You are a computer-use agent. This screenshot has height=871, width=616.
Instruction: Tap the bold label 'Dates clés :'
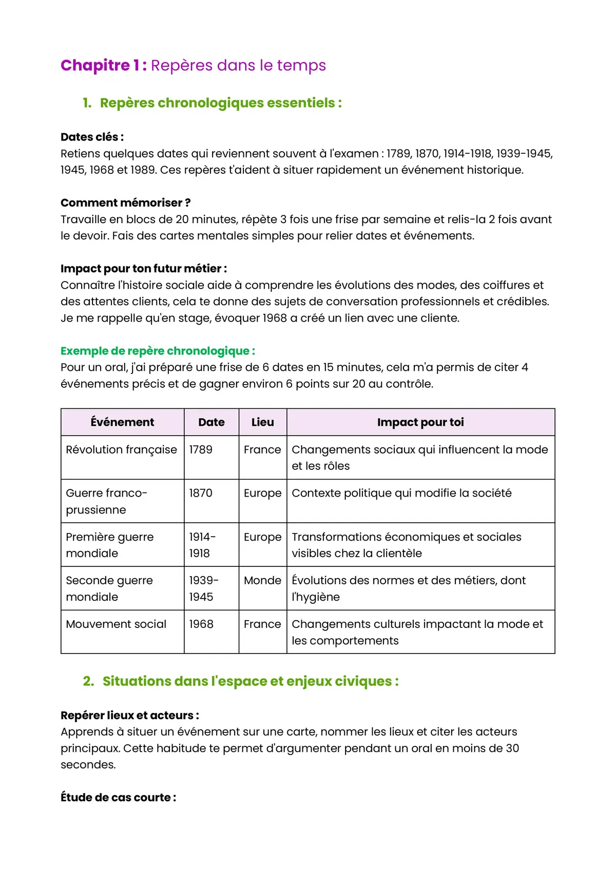[x=92, y=137]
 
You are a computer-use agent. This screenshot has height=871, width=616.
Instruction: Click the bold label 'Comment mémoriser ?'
[x=125, y=203]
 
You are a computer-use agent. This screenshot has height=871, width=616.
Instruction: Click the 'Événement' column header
[x=122, y=422]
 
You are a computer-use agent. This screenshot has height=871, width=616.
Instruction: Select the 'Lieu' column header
[x=262, y=422]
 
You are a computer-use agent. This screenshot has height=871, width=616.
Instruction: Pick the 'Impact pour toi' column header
[x=420, y=422]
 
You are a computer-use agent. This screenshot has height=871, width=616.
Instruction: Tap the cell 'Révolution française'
[x=121, y=450]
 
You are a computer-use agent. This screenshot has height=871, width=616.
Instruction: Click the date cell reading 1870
[x=201, y=493]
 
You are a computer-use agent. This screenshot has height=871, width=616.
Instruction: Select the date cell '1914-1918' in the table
[x=202, y=545]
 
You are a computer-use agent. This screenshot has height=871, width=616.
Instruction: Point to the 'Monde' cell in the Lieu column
[x=262, y=581]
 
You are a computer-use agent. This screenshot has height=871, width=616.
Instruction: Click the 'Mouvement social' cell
[x=116, y=624]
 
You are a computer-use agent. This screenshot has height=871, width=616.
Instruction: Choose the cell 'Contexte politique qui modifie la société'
[x=401, y=493]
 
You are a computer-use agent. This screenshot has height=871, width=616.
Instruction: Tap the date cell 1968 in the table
[x=201, y=624]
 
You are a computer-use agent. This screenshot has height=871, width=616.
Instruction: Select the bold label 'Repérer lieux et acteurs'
[x=129, y=716]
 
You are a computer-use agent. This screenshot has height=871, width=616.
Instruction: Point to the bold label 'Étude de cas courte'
[x=118, y=798]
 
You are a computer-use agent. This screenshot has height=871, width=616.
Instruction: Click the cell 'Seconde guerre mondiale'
[x=109, y=588]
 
